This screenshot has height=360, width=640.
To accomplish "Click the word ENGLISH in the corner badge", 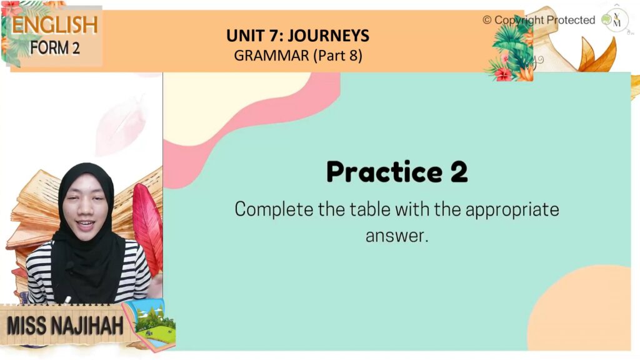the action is (x=55, y=25).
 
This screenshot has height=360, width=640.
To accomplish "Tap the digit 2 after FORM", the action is (x=76, y=48).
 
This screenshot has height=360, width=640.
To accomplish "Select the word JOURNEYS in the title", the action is (x=329, y=36).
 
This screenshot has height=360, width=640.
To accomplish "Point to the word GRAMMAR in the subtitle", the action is (x=271, y=56).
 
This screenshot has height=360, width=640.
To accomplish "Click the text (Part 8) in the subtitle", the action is (x=338, y=56).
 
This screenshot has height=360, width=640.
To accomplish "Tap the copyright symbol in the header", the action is (x=487, y=20).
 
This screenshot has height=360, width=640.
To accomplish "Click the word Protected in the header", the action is (x=571, y=20).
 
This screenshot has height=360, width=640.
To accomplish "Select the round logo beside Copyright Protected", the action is (x=616, y=20).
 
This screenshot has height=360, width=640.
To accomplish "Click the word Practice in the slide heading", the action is (x=384, y=172).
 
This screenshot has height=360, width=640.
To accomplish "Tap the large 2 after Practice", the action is (x=459, y=172).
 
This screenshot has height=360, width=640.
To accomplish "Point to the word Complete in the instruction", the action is (x=274, y=209).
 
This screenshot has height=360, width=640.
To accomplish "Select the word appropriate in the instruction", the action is (x=512, y=210).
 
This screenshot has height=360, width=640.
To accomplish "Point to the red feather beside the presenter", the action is (x=147, y=229).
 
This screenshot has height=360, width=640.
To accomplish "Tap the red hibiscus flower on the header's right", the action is (x=503, y=74).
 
